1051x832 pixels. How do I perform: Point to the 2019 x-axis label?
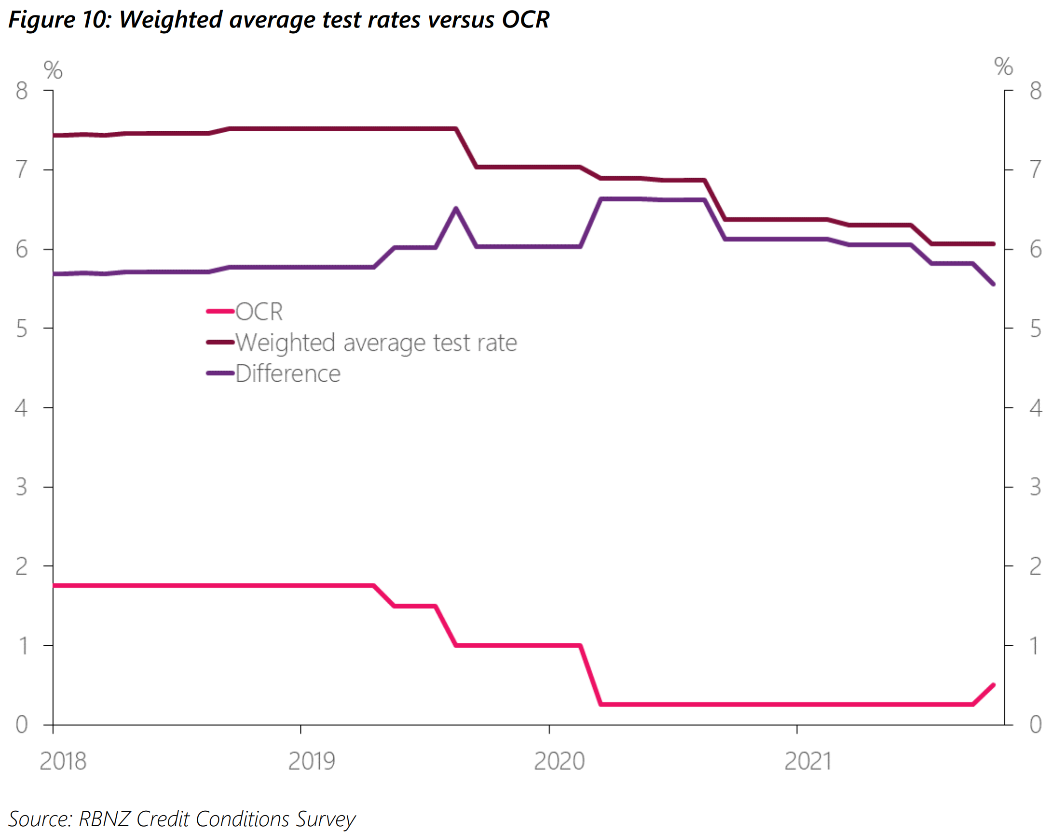pyautogui.click(x=312, y=762)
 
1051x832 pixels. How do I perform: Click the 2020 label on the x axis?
pyautogui.click(x=560, y=762)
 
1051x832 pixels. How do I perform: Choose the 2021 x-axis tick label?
pyautogui.click(x=807, y=762)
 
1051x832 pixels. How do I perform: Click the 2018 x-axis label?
pyautogui.click(x=63, y=762)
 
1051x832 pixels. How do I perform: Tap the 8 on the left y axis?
pyautogui.click(x=21, y=91)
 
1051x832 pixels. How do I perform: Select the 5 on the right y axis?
pyautogui.click(x=1036, y=329)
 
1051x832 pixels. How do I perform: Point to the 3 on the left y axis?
pyautogui.click(x=21, y=487)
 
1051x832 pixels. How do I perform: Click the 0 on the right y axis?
pyautogui.click(x=1036, y=725)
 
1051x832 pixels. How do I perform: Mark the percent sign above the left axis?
pyautogui.click(x=53, y=70)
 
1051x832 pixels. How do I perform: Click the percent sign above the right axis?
pyautogui.click(x=1003, y=66)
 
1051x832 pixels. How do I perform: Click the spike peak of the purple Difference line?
pyautogui.click(x=456, y=208)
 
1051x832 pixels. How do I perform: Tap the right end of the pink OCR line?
pyautogui.click(x=993, y=685)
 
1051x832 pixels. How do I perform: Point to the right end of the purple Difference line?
pyautogui.click(x=993, y=284)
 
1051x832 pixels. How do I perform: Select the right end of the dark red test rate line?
pyautogui.click(x=993, y=244)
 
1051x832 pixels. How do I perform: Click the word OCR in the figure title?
pyautogui.click(x=525, y=19)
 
